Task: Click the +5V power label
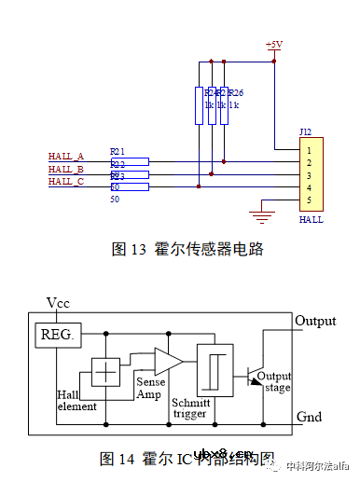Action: tap(274, 45)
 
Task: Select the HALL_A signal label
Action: tap(66, 156)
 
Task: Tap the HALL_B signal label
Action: tap(66, 169)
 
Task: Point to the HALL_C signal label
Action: tap(66, 182)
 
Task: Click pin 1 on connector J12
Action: tap(309, 148)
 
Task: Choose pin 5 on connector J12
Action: tap(309, 200)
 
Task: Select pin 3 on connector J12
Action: tap(309, 174)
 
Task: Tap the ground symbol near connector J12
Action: tap(264, 216)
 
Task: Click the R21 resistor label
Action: tap(117, 150)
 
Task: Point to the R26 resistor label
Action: tap(236, 92)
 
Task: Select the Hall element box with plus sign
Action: tap(107, 371)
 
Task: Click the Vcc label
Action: tap(59, 303)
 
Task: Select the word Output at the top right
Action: tap(315, 321)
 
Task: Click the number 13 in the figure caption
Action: tap(139, 249)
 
